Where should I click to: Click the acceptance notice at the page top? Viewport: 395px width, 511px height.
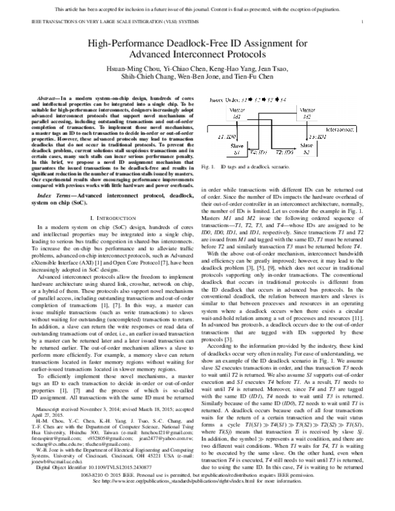197,9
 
